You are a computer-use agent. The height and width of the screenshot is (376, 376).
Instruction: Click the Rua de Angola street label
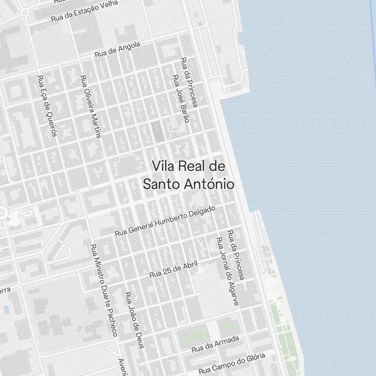(117, 49)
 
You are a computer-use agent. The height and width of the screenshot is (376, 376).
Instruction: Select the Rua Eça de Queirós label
(47, 106)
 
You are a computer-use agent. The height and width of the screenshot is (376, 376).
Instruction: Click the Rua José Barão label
(180, 98)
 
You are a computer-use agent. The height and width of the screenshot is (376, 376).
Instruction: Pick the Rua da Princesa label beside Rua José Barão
(189, 82)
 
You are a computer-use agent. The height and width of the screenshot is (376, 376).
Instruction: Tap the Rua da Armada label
(215, 344)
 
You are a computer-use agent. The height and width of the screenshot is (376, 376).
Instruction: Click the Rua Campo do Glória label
(232, 362)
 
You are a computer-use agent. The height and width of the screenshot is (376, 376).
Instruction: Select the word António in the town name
(210, 184)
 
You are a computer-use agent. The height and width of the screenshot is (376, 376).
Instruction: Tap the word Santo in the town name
(162, 184)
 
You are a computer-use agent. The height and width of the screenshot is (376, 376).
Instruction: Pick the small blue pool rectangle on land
(6, 310)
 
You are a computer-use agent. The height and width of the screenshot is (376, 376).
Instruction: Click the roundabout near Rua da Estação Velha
(25, 13)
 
